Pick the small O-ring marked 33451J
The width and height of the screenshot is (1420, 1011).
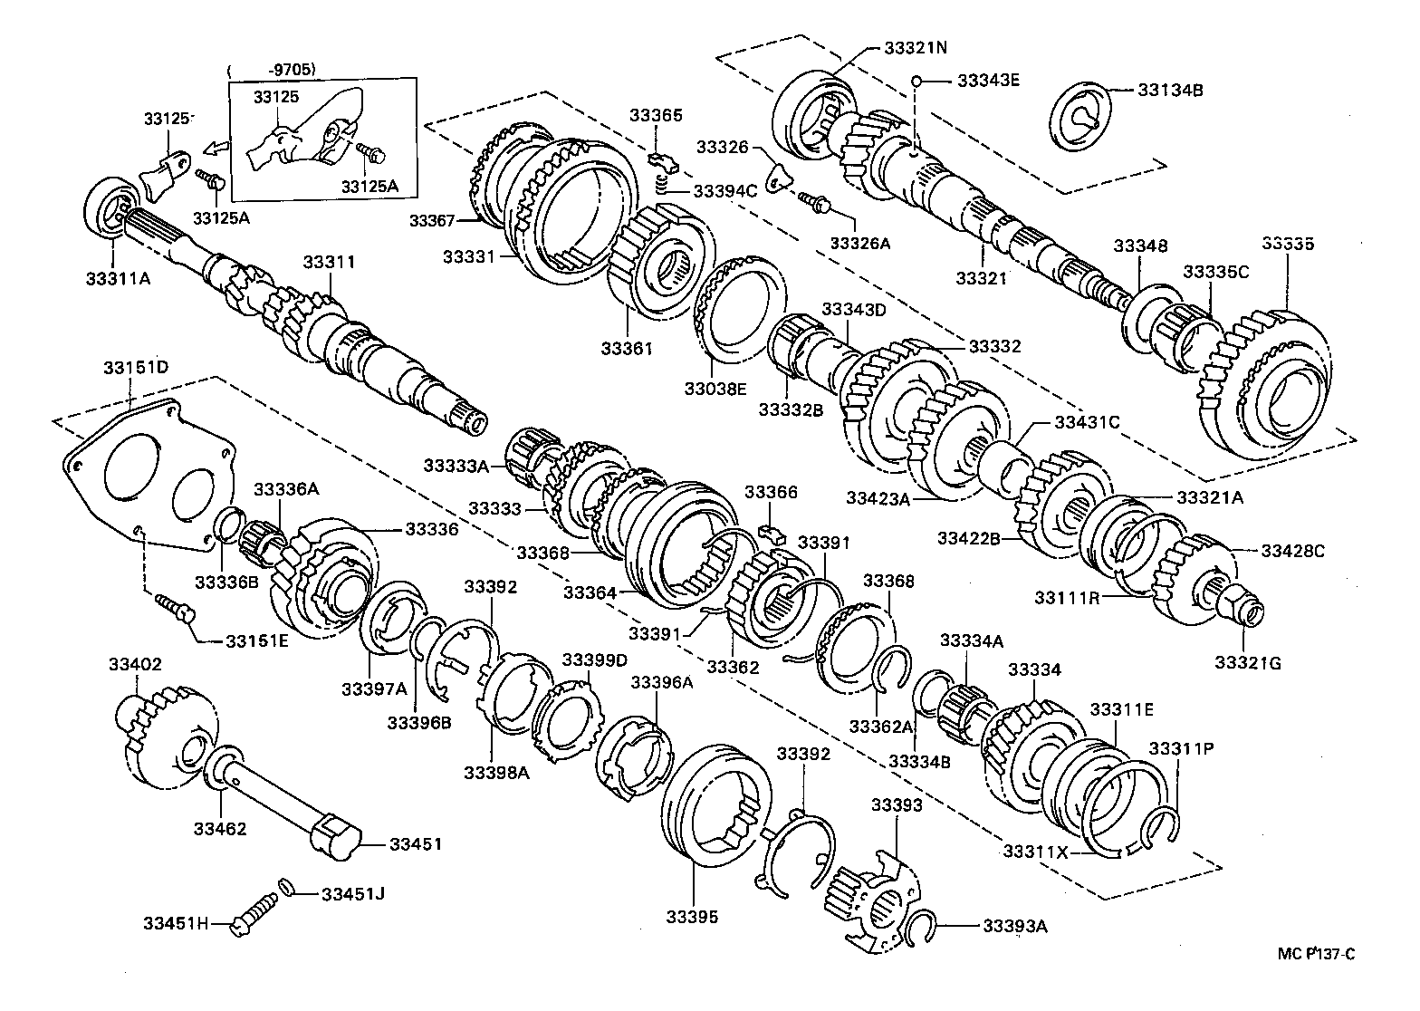point(286,887)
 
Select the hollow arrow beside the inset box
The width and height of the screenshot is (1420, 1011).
point(215,148)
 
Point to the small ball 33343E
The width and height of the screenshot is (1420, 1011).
point(916,81)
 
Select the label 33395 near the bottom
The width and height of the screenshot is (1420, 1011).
point(695,917)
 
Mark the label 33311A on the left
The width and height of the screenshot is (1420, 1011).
point(119,277)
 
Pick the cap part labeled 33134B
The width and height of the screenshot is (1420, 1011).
point(1083,115)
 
